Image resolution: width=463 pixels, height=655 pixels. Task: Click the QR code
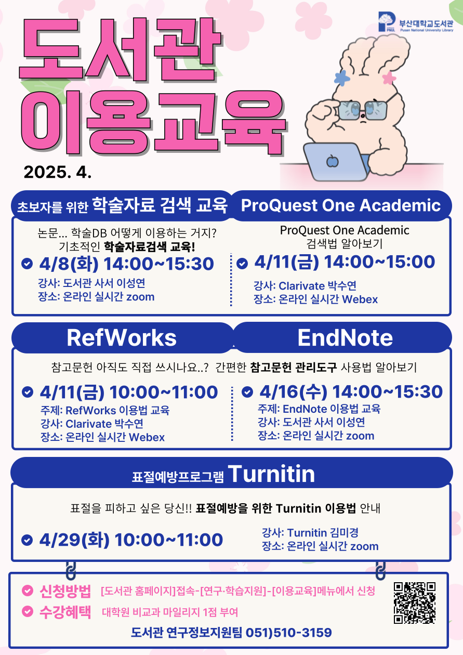click(415, 602)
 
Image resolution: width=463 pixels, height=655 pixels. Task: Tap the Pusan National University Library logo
click(415, 22)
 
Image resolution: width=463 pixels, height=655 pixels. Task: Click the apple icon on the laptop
click(333, 161)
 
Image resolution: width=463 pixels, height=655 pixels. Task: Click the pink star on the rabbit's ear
click(389, 78)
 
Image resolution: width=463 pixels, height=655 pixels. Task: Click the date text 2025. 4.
click(58, 172)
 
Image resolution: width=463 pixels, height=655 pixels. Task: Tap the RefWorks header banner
click(122, 338)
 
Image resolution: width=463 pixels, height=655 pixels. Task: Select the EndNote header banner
click(342, 338)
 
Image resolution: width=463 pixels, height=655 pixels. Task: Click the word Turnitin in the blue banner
click(271, 474)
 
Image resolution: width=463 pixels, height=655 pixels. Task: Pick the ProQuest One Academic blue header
click(341, 205)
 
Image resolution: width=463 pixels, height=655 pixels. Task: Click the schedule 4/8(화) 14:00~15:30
click(127, 264)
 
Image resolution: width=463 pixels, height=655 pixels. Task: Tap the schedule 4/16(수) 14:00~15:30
click(351, 391)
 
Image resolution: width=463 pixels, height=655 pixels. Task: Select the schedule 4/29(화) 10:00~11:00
click(131, 540)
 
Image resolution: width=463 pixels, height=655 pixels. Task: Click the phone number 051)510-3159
click(288, 633)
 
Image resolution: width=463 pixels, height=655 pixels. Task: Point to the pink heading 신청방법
click(65, 591)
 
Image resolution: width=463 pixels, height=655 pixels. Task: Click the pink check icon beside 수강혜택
click(28, 611)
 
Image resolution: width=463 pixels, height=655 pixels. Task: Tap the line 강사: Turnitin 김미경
click(310, 533)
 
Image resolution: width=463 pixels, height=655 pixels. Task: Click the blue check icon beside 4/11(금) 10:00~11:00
click(28, 392)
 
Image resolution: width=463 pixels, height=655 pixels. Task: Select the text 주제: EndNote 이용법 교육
click(319, 409)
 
